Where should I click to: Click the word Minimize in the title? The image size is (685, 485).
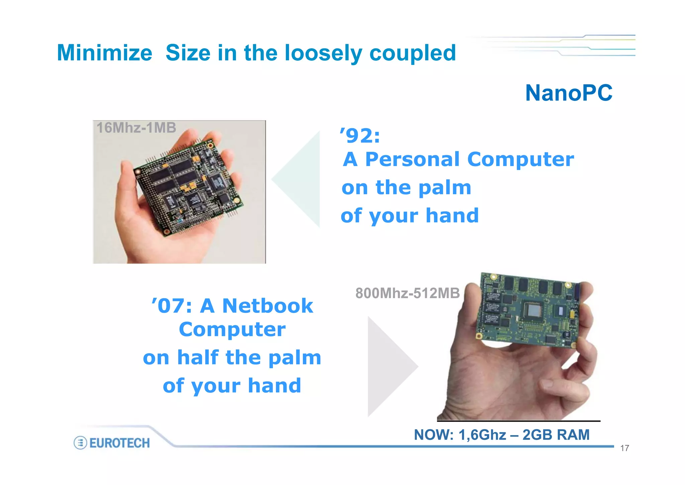coord(104,53)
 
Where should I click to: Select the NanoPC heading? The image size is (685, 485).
coord(569,93)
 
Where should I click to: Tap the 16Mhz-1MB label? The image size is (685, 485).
coord(136,128)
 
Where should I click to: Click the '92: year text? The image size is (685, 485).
coord(360,136)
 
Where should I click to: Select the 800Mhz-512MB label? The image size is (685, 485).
coord(407,293)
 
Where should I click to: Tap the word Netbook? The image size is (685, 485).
coord(268,306)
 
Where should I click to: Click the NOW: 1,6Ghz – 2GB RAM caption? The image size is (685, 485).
coord(502,435)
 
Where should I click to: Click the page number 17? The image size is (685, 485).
coord(624,448)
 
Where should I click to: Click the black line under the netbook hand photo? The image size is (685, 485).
coord(518,421)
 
